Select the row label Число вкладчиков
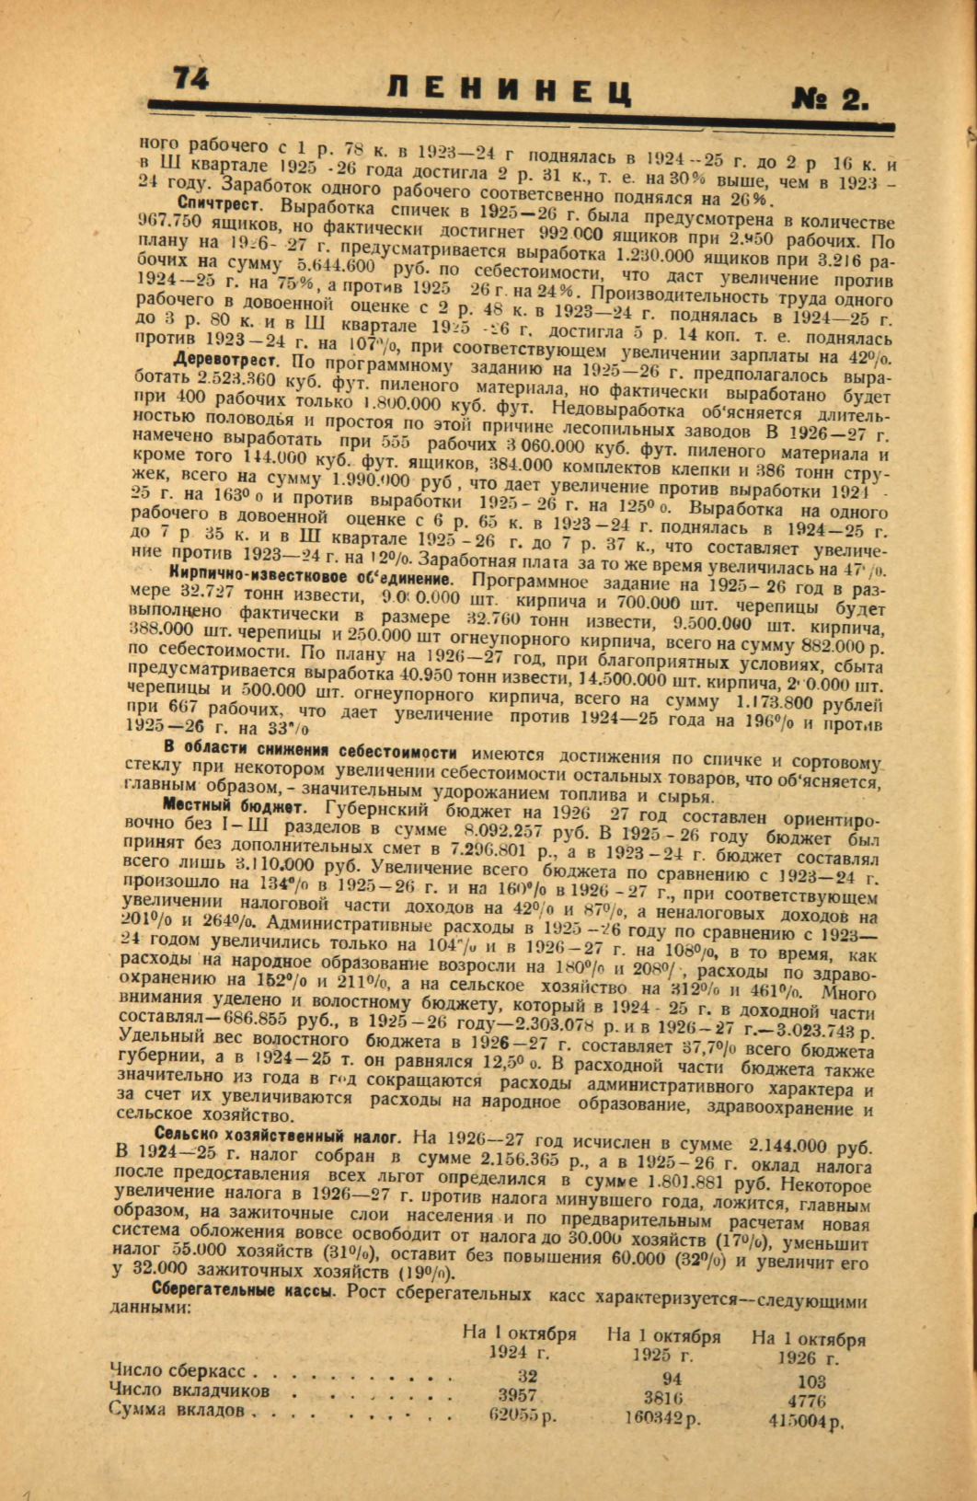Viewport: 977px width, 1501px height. [x=190, y=1390]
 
